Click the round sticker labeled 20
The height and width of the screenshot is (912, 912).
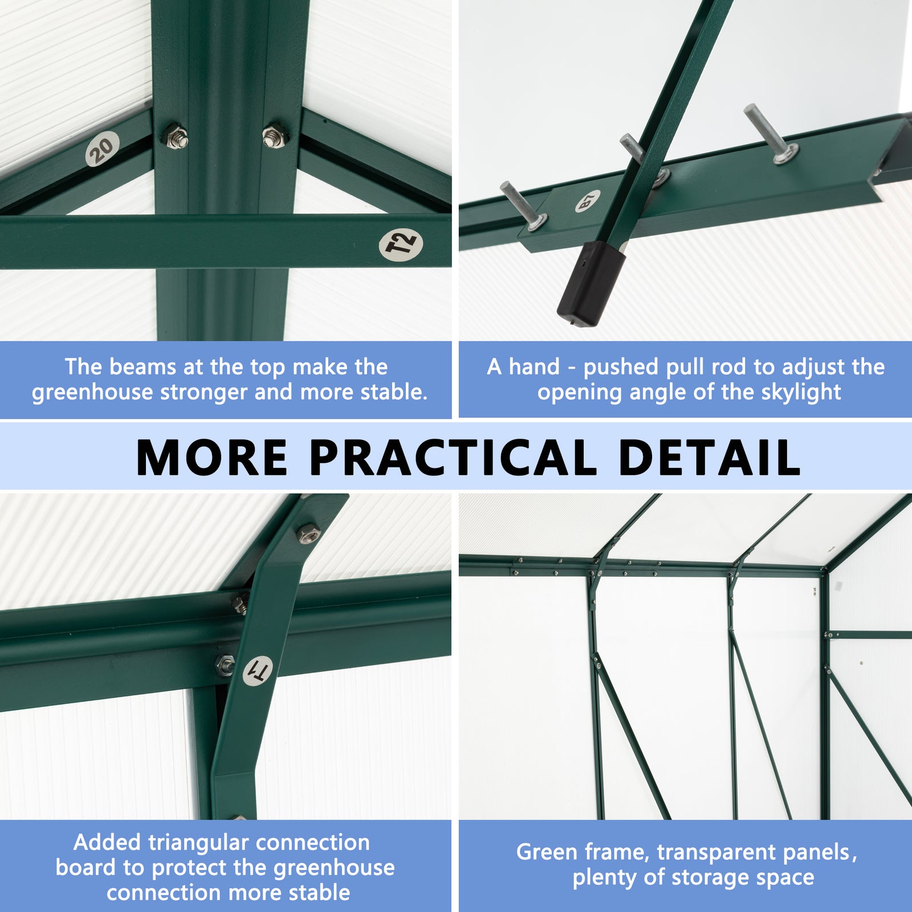tap(103, 149)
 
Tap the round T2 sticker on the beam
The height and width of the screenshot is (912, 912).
tap(401, 244)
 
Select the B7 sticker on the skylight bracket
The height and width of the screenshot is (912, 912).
tap(588, 201)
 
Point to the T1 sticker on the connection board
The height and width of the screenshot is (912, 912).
tap(258, 670)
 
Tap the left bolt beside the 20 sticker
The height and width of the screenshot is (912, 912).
tap(176, 137)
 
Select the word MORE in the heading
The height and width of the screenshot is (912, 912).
tap(212, 458)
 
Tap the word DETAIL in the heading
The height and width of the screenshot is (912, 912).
tap(709, 458)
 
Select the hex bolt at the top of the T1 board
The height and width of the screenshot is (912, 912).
tap(308, 534)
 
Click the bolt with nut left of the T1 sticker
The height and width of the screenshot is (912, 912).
tap(226, 664)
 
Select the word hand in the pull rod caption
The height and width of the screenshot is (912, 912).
tap(535, 367)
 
